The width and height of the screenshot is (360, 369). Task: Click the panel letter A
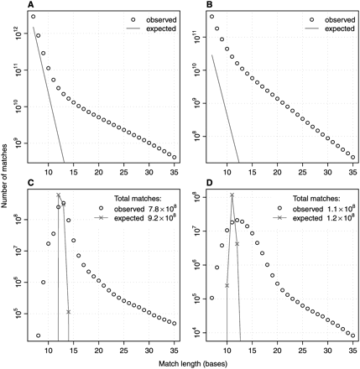coord(31,5)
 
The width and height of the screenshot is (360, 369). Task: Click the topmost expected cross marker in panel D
coord(232,195)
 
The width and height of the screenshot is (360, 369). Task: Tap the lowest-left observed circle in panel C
coord(39,335)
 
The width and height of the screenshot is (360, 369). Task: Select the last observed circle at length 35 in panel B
coord(352,157)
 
